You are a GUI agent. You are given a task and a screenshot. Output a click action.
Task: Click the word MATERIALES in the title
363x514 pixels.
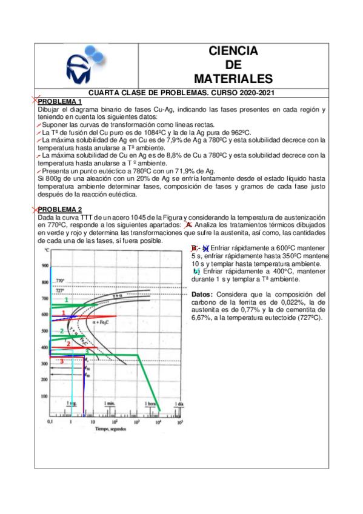pos(233,79)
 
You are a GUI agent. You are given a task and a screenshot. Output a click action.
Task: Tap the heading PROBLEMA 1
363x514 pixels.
pos(60,101)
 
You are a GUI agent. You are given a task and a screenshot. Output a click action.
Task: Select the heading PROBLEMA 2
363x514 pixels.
pos(60,209)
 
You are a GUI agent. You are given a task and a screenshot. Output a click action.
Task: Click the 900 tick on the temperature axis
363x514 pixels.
pos(44,266)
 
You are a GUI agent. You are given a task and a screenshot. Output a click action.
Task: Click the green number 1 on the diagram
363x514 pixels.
pos(66,300)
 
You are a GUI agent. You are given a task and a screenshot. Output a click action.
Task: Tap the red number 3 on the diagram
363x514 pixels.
pos(62,361)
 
